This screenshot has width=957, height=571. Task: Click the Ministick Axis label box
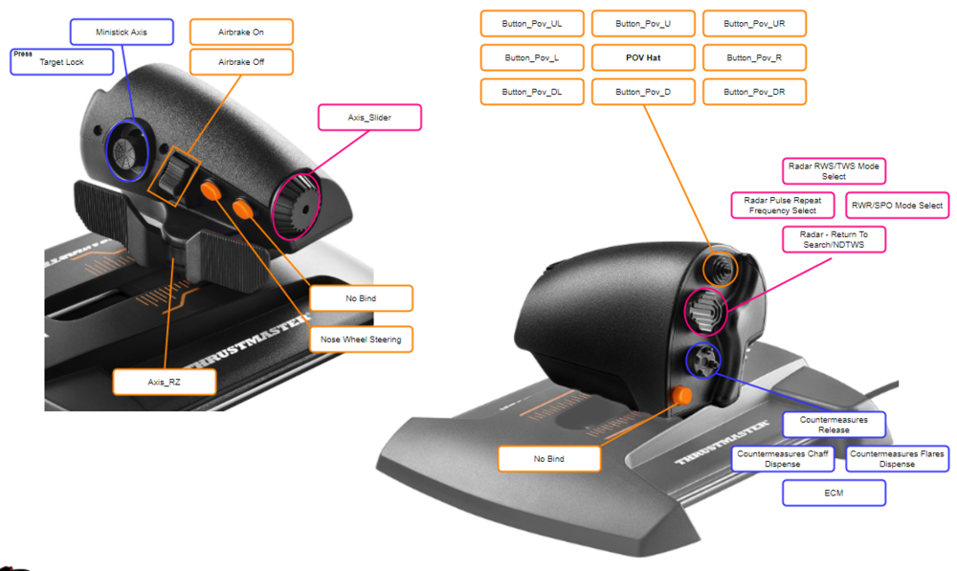(x=122, y=32)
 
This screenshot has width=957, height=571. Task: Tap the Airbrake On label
(x=241, y=32)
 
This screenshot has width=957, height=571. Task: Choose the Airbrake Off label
(x=241, y=62)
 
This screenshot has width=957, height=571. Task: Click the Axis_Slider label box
(x=369, y=118)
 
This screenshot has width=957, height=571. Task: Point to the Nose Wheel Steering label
(x=361, y=340)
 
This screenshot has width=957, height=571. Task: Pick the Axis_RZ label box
(x=164, y=382)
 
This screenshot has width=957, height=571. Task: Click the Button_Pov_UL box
(x=532, y=23)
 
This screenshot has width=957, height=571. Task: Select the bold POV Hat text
(x=643, y=57)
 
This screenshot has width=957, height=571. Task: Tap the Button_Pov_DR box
(x=754, y=92)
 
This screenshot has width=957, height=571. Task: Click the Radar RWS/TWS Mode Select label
(x=834, y=171)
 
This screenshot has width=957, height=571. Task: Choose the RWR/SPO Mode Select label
(x=897, y=206)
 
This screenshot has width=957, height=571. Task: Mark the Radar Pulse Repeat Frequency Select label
(x=783, y=206)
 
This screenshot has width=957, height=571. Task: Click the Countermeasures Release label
(x=834, y=425)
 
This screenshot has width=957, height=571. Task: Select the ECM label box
(x=834, y=493)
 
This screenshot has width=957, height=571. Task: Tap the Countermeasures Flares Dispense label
(x=896, y=459)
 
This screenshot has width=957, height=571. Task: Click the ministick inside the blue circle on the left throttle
(x=126, y=150)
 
